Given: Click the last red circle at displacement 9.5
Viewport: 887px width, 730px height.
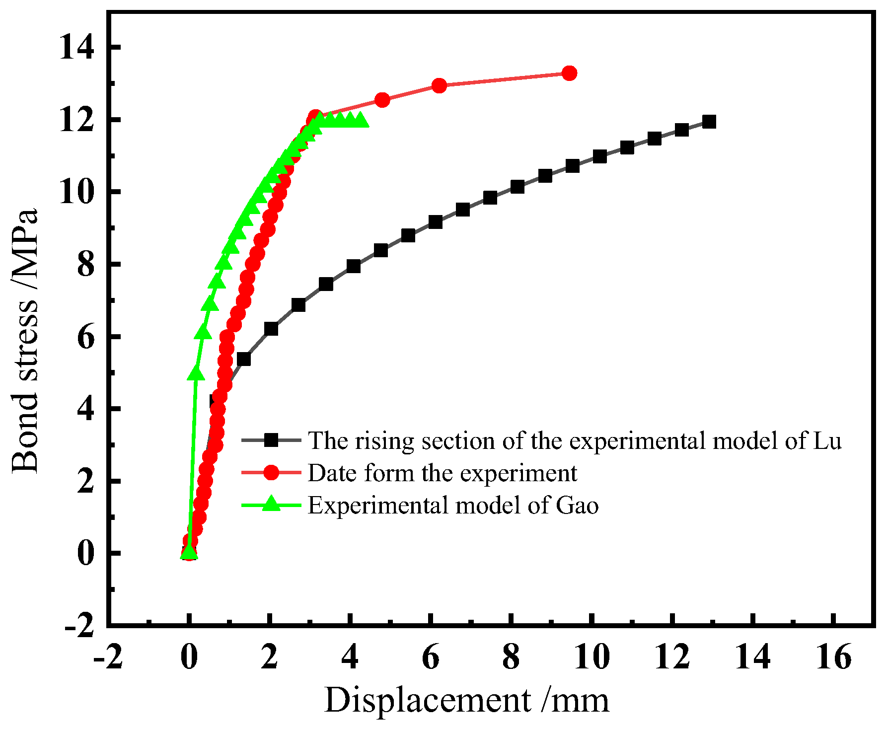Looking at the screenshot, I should pos(569,73).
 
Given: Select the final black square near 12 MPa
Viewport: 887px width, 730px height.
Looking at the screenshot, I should pos(709,122).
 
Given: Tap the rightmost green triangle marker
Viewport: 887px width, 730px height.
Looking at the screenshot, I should pos(361,120).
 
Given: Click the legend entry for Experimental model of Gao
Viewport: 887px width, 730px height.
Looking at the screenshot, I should pos(453,506).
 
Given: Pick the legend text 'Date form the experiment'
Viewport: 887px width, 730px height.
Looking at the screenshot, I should pos(442,473).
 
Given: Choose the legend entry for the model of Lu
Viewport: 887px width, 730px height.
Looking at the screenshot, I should pos(575,441).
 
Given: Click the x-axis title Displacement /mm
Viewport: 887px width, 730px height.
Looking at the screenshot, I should pos(466,701).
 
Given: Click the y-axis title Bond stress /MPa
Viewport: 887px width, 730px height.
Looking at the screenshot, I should pos(25,341).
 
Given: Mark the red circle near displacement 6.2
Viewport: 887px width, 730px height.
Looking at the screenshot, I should pos(439,85).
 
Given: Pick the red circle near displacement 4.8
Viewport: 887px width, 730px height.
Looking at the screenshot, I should pos(382,100).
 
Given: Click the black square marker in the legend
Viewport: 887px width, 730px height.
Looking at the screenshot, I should pos(271,440).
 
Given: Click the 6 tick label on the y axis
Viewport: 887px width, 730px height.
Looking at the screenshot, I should pos(85,337).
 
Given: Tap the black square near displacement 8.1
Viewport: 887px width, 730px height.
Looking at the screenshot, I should pos(517,187).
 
